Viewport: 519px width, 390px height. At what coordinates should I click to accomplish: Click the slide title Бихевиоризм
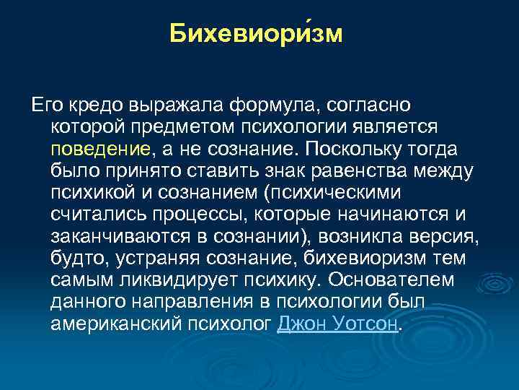coord(257,35)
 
